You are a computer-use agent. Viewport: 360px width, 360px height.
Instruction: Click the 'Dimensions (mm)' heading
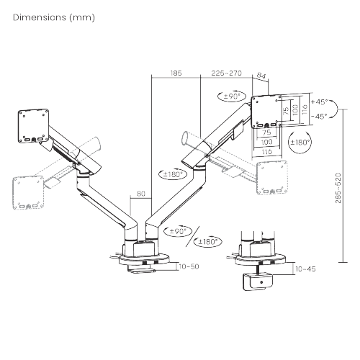(54, 17)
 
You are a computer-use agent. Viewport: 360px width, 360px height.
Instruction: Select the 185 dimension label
(176, 73)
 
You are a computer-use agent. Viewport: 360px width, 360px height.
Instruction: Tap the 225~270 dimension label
(226, 73)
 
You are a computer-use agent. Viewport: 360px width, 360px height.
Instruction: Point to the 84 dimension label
(261, 76)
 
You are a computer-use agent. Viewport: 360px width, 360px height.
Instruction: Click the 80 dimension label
(141, 194)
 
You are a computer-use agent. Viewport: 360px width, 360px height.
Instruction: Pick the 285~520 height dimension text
(338, 188)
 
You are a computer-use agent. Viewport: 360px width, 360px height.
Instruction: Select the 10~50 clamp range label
(189, 266)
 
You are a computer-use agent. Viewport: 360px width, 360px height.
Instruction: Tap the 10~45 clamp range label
(305, 269)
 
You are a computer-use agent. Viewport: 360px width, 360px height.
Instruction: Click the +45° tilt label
(320, 102)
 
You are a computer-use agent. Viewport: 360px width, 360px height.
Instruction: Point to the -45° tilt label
(320, 117)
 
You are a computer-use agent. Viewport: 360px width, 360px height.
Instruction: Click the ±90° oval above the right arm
(232, 96)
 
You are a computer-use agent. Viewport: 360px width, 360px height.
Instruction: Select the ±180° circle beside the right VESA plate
(300, 143)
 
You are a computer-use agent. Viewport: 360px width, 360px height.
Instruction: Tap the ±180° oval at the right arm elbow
(173, 174)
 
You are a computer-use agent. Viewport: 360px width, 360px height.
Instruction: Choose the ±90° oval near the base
(178, 231)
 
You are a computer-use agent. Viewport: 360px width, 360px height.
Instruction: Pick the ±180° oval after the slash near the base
(208, 241)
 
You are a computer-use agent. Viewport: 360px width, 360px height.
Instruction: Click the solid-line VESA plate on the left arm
(34, 126)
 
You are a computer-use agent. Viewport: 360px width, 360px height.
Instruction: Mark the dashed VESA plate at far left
(28, 193)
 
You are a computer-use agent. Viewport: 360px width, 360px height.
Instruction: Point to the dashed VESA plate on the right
(272, 177)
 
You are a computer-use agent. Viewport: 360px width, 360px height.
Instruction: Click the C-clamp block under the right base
(258, 282)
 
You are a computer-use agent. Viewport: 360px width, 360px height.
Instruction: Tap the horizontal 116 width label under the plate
(267, 152)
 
